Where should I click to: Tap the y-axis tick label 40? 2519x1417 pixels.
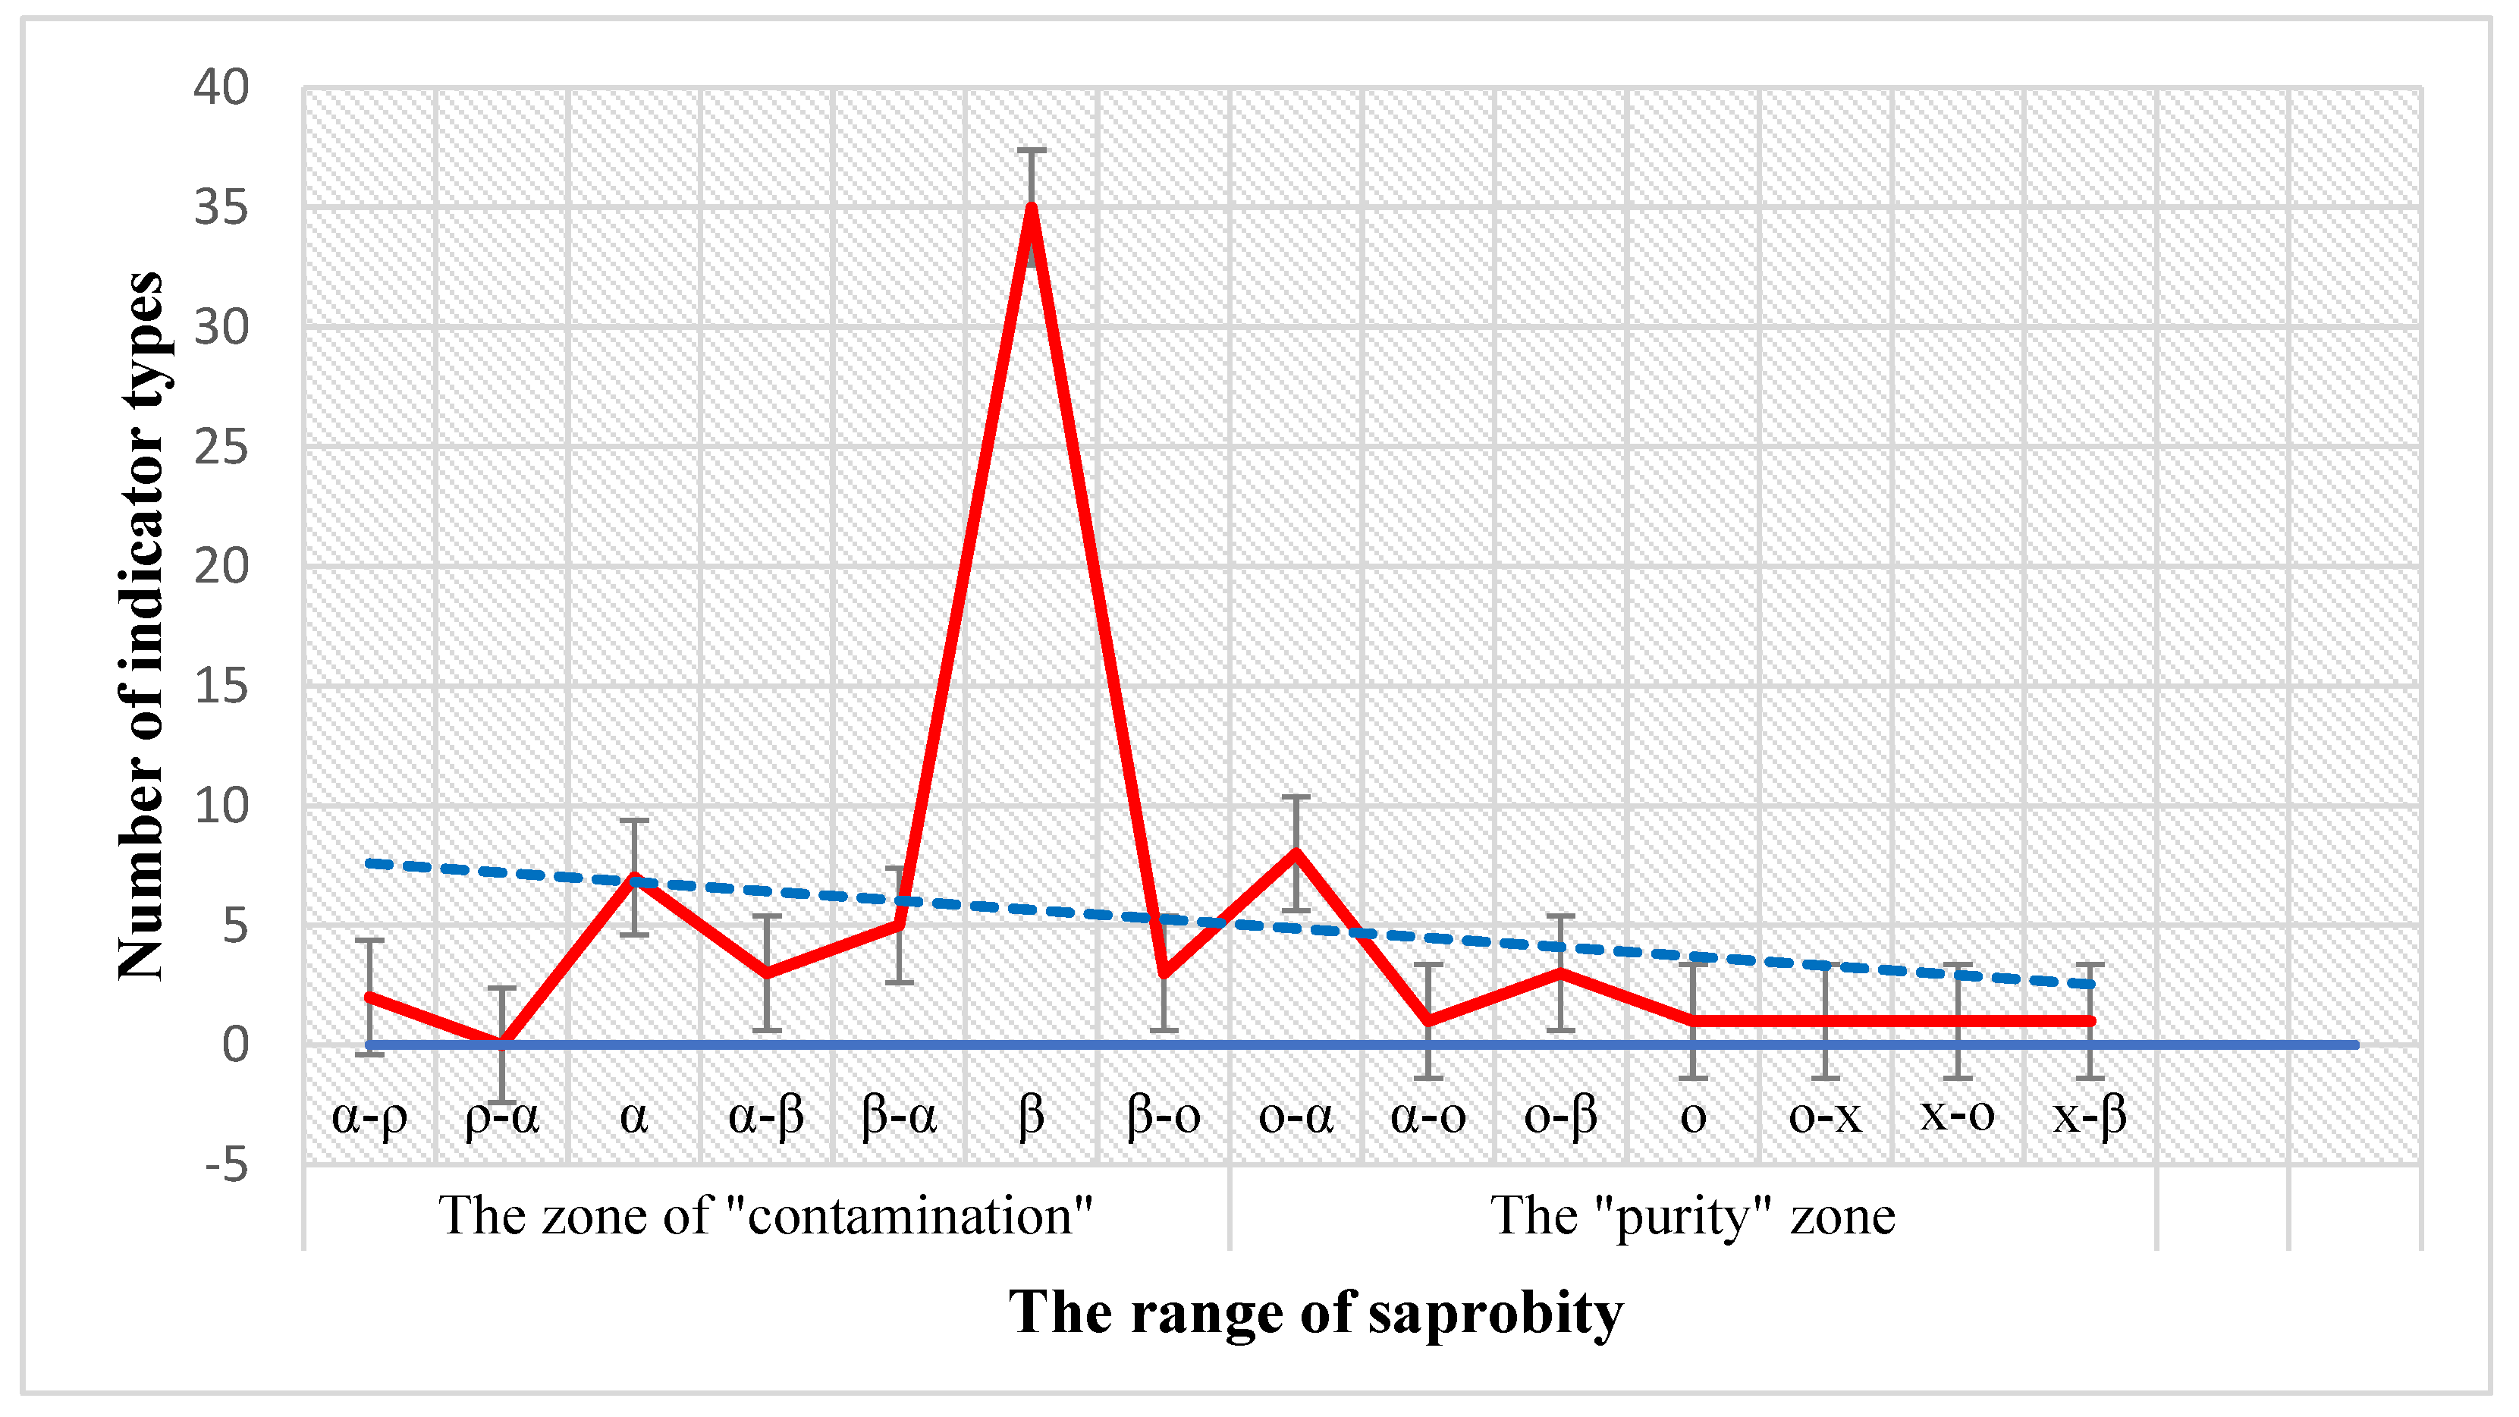tap(221, 88)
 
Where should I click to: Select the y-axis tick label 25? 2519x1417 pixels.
tap(221, 448)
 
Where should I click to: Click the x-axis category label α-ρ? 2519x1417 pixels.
tap(369, 1116)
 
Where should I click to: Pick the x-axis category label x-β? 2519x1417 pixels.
tap(2090, 1116)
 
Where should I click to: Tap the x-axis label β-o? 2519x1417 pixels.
tap(1163, 1116)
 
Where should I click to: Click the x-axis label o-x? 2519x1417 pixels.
tap(1825, 1116)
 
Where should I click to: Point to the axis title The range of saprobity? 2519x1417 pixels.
tap(1315, 1312)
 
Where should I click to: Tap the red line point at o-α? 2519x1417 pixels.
tap(1296, 853)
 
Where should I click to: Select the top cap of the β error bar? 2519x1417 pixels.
tap(1031, 151)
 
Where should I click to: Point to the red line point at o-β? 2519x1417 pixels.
tap(1561, 973)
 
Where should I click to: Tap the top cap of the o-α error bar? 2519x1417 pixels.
tap(1296, 797)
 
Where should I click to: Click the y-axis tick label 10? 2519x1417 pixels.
tap(221, 807)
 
